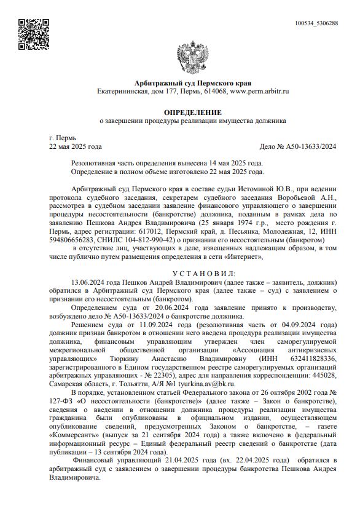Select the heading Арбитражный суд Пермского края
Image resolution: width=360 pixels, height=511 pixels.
point(192,83)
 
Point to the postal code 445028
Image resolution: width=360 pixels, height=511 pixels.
point(325,374)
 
